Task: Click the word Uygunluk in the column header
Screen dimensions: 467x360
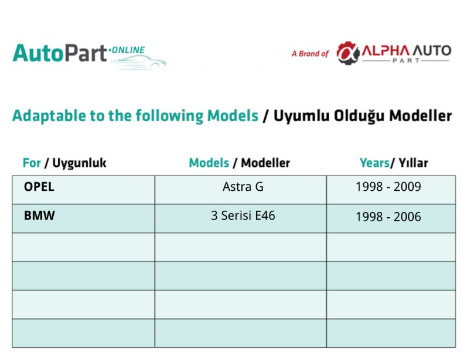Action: pos(79,163)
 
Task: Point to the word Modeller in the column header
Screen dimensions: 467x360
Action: pos(265,163)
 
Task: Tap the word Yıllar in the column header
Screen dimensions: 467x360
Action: pos(413,163)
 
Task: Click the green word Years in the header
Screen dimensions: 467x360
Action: pos(374,163)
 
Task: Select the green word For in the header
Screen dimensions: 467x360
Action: pos(32,163)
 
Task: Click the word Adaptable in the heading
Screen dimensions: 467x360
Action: pos(49,116)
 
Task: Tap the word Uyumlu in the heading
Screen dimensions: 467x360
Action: pos(301,116)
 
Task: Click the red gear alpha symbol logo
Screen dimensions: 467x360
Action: pos(347,53)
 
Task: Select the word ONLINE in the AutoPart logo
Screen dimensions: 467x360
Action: pos(128,50)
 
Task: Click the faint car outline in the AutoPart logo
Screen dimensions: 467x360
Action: pos(140,61)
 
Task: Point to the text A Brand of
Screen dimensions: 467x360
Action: pos(310,54)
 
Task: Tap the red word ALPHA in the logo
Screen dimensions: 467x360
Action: pos(386,51)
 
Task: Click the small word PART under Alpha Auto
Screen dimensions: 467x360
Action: pos(406,61)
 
